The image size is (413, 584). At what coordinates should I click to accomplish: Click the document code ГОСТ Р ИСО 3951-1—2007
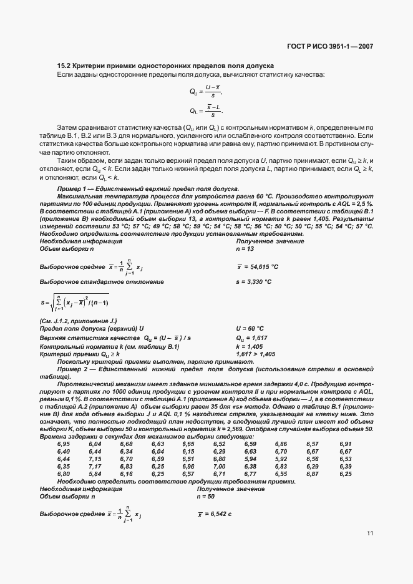(337, 46)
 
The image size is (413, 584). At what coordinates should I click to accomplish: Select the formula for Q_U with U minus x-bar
(206, 92)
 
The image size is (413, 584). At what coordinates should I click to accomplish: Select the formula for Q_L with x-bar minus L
(206, 110)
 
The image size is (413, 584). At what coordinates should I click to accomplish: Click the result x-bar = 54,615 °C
(257, 266)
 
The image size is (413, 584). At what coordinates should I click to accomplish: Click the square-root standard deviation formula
(74, 303)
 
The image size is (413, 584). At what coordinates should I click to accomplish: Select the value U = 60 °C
(250, 328)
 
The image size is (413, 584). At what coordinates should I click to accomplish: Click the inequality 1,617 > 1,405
(255, 354)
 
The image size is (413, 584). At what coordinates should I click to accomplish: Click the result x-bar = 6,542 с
(215, 513)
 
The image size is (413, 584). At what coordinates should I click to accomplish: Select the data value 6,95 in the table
(64, 444)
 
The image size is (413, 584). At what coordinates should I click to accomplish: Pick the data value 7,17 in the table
(95, 466)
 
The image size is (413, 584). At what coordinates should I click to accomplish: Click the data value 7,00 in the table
(219, 466)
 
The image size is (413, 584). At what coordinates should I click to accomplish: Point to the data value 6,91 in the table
(346, 444)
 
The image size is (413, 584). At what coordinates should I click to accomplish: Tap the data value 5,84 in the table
(95, 474)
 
